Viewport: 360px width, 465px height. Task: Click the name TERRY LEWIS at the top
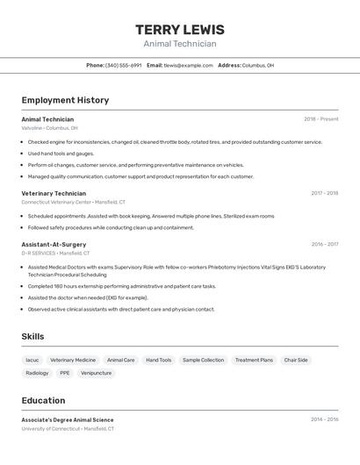click(180, 30)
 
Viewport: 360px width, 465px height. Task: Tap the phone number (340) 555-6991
click(123, 65)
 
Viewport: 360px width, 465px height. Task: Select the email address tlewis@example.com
click(189, 65)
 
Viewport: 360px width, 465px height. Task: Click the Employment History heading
click(65, 100)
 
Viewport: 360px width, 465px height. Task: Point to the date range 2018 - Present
click(320, 119)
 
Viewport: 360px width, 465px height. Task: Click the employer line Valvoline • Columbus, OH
click(49, 128)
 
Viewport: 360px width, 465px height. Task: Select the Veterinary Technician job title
click(54, 193)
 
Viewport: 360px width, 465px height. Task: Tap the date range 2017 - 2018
click(324, 193)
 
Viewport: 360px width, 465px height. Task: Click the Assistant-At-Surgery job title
click(54, 244)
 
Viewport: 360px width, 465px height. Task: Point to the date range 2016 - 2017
click(324, 244)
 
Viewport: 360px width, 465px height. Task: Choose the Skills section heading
click(32, 336)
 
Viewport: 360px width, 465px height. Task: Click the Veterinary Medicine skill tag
click(73, 360)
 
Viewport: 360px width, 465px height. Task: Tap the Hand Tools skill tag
click(159, 360)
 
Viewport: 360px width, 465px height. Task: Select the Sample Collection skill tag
click(203, 360)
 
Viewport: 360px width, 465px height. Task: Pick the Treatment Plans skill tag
click(254, 360)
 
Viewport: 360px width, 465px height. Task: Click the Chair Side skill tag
click(296, 360)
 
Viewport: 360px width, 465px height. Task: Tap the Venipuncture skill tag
click(96, 373)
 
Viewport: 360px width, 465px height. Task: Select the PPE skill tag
click(65, 373)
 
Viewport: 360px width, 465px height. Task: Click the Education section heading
click(43, 400)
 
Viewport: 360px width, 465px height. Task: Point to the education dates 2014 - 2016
click(324, 419)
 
